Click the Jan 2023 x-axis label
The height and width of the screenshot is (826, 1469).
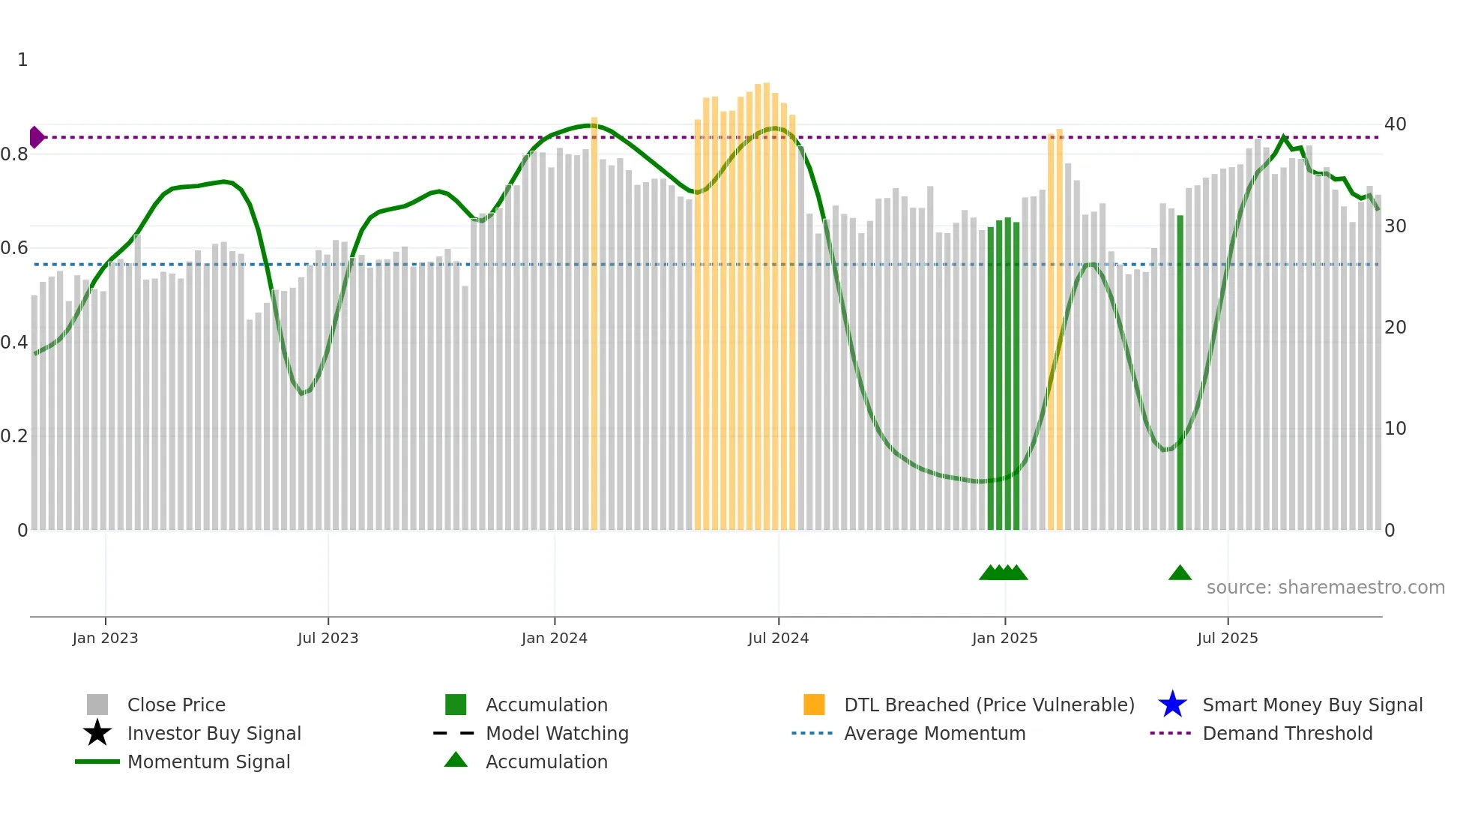[105, 638]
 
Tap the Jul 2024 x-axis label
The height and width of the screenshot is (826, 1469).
[778, 638]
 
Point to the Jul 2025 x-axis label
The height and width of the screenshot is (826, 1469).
[1227, 638]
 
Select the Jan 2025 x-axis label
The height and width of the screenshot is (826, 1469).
[1004, 638]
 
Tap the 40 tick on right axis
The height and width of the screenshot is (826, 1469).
[1395, 124]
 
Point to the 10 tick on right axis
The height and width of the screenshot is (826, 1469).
[1395, 429]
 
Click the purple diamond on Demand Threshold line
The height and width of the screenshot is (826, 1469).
[36, 137]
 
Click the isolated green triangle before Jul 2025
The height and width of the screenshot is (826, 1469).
[1180, 573]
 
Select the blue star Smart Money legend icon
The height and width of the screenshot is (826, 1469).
[1172, 705]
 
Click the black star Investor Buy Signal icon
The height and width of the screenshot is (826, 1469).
[97, 733]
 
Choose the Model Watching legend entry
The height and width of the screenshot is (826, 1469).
[557, 733]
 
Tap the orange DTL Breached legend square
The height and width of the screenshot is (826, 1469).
[814, 705]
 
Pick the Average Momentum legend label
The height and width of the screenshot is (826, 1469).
[935, 733]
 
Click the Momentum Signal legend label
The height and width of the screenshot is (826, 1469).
[208, 762]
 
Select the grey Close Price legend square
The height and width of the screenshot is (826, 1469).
[97, 705]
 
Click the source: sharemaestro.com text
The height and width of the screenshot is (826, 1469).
[1325, 588]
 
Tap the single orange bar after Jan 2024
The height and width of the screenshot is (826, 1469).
[594, 322]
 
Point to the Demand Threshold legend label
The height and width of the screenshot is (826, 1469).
[1287, 733]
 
